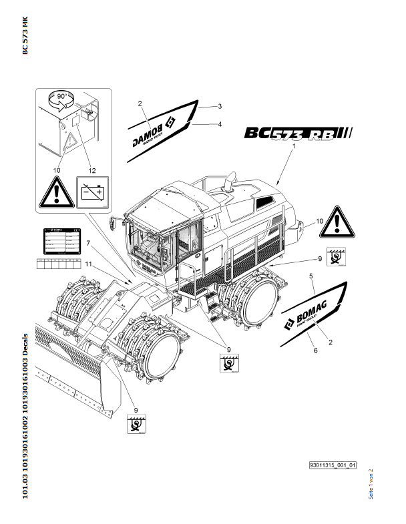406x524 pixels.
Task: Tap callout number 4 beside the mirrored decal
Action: (x=220, y=124)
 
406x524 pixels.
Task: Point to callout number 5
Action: (x=311, y=275)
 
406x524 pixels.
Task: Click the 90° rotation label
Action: (x=61, y=97)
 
